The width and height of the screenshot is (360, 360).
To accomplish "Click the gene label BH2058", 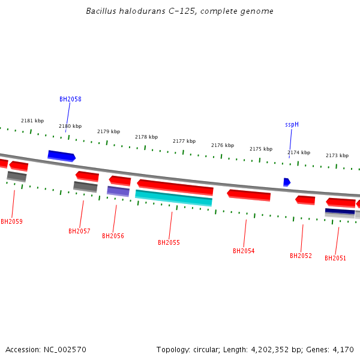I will (70, 99).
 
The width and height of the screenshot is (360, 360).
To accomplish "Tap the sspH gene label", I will (292, 125).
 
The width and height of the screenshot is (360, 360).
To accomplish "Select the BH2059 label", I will (11, 221).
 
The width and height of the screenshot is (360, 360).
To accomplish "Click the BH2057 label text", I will (79, 231).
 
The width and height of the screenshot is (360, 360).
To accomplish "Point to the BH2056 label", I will (113, 236).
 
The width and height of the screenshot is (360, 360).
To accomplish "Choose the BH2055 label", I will (169, 242).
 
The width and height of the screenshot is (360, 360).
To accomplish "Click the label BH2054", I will (244, 251).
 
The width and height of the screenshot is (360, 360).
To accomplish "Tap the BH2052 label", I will (301, 256).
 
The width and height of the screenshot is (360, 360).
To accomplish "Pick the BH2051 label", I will (335, 258).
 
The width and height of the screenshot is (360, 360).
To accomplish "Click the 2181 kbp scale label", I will (32, 121).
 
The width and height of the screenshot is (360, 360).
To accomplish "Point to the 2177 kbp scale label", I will (184, 141).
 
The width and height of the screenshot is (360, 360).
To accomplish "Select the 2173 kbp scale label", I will (337, 155).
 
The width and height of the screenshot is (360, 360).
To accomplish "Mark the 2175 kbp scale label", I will (261, 149).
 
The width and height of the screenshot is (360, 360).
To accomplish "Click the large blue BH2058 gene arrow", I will (61, 156).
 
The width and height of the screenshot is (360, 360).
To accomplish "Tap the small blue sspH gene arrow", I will (287, 182).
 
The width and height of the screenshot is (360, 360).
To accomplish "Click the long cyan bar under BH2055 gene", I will (173, 198).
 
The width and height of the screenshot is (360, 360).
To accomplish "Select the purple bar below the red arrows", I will (118, 191).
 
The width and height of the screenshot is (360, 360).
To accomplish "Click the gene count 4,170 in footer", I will (343, 349).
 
